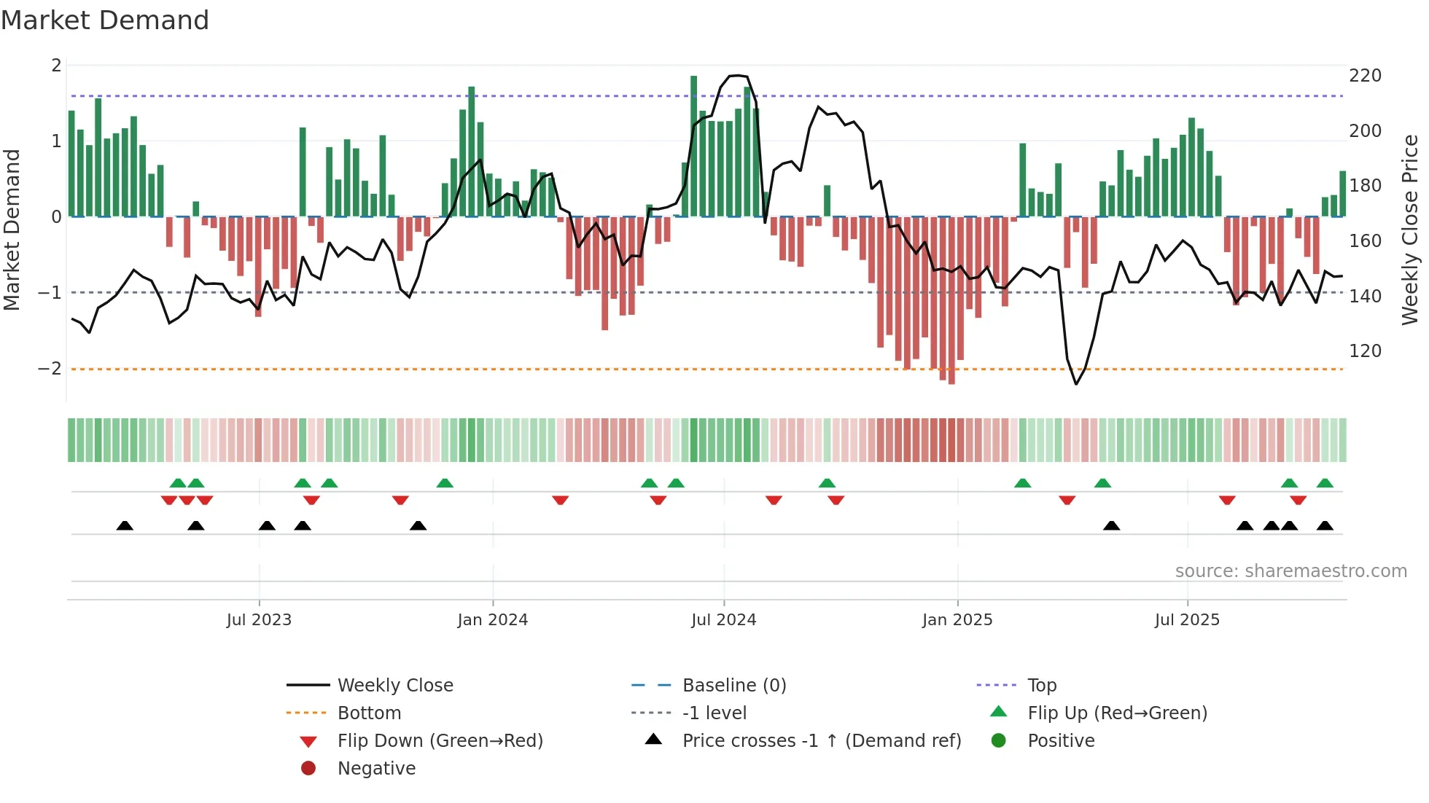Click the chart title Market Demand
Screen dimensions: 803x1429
(105, 20)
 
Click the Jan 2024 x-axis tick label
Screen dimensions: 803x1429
(492, 620)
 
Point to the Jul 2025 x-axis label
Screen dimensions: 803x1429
(1186, 620)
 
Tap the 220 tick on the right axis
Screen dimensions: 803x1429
(1365, 76)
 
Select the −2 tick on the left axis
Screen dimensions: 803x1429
(50, 369)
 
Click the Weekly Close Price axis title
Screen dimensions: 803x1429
(1410, 230)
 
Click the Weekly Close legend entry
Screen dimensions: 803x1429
(394, 686)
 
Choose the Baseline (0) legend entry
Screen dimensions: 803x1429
(733, 686)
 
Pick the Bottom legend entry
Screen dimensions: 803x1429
(369, 713)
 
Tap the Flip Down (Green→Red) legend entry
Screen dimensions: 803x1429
(440, 741)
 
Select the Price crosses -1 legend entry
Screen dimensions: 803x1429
(821, 741)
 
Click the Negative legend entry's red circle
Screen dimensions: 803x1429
(308, 769)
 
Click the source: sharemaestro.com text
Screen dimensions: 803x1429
(1290, 571)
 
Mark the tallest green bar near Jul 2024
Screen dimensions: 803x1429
(693, 146)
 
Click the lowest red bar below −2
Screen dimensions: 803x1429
(951, 300)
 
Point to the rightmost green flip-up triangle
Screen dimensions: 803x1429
(1325, 483)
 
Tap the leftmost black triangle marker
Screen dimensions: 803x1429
(125, 525)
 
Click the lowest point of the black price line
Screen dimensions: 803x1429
(1076, 384)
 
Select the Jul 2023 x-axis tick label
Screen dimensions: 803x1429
(259, 620)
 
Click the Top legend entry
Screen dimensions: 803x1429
(1041, 686)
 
